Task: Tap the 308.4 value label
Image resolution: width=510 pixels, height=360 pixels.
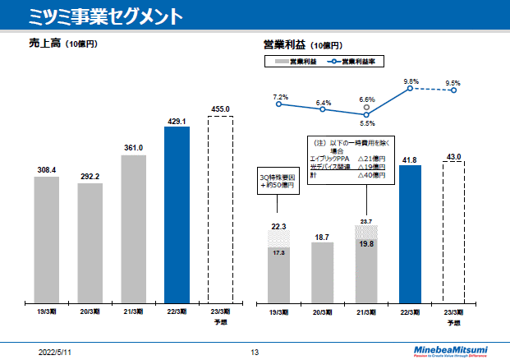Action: pyautogui.click(x=47, y=170)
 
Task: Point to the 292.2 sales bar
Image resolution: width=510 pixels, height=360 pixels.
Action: pyautogui.click(x=90, y=243)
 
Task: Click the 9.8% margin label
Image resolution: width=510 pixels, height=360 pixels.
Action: pyautogui.click(x=411, y=81)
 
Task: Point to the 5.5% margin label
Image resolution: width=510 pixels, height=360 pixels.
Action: pyautogui.click(x=367, y=123)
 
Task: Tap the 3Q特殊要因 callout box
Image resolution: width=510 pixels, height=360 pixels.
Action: pyautogui.click(x=277, y=180)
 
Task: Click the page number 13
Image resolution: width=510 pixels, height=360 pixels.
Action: pyautogui.click(x=255, y=351)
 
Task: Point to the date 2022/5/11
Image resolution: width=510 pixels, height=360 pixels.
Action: pyautogui.click(x=55, y=351)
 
